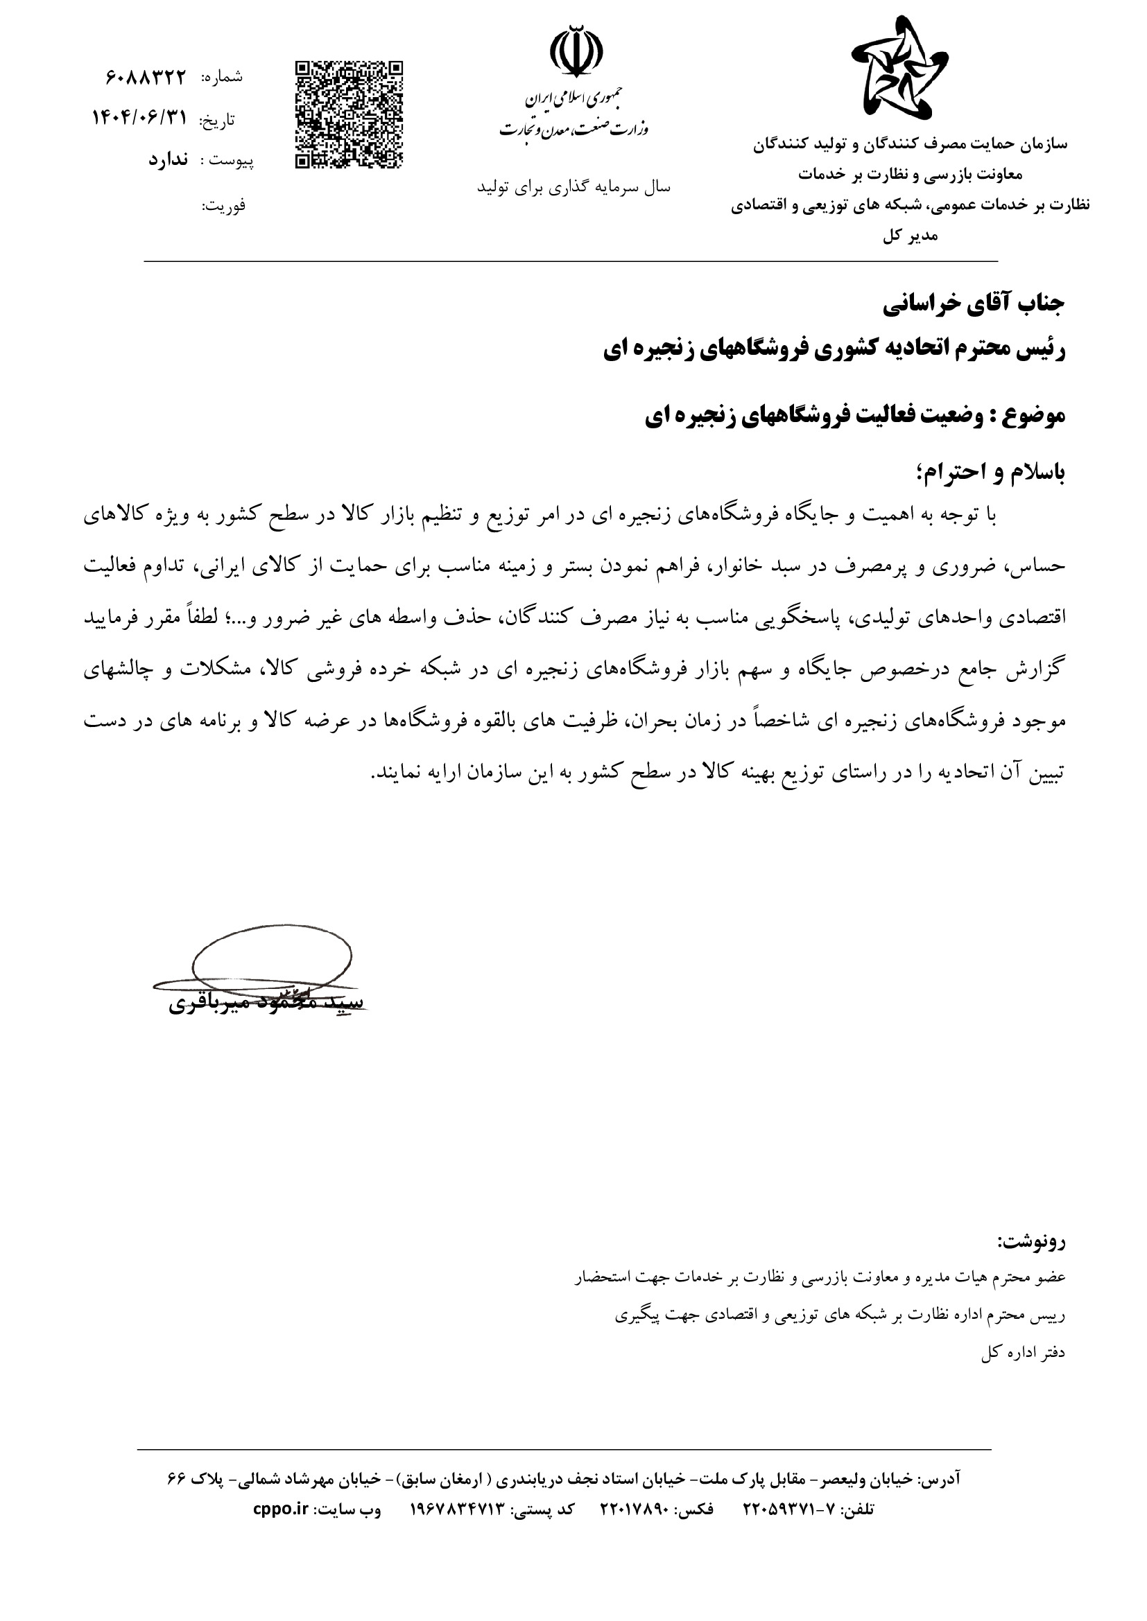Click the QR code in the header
pyautogui.click(x=348, y=115)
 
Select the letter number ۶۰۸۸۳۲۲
pyautogui.click(x=146, y=77)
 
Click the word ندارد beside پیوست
pyautogui.click(x=168, y=159)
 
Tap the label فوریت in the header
pyautogui.click(x=224, y=206)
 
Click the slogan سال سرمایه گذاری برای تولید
pyautogui.click(x=573, y=187)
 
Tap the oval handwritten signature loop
pyautogui.click(x=272, y=958)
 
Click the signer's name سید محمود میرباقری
pyautogui.click(x=266, y=1004)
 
